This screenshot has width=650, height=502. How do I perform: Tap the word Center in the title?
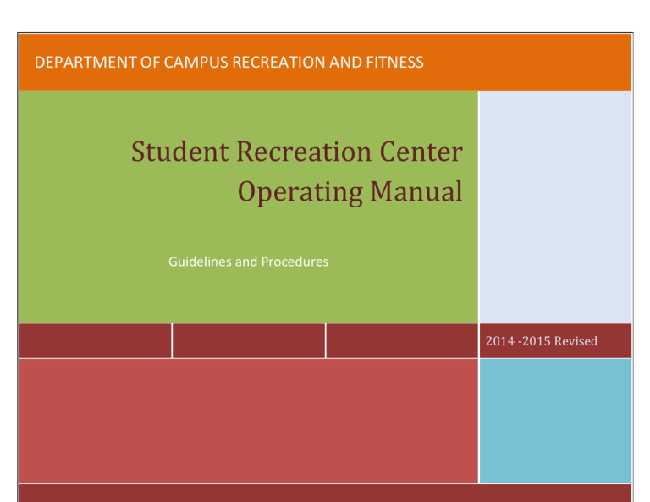click(420, 153)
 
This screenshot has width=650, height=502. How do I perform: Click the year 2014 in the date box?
click(500, 341)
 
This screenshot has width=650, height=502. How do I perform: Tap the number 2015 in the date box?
click(534, 341)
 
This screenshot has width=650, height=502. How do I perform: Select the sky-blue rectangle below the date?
click(555, 420)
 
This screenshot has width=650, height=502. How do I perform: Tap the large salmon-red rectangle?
click(247, 420)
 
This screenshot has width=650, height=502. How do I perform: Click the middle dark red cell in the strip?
click(249, 340)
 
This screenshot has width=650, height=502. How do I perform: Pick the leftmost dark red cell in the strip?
click(95, 340)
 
